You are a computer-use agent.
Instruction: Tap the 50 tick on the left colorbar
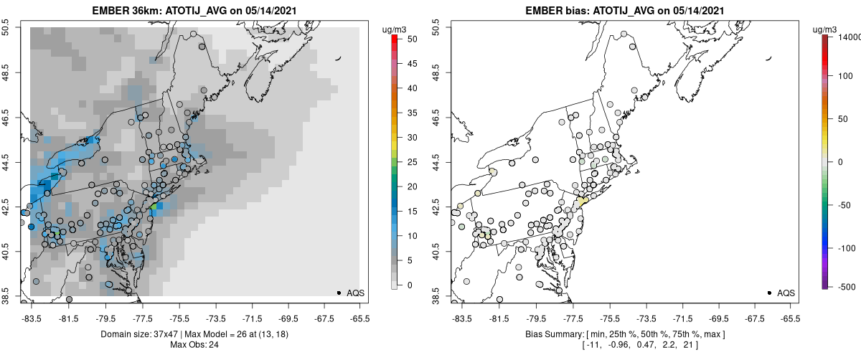412,39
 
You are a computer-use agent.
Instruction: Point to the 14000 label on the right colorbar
848,36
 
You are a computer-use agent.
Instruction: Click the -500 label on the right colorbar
844,287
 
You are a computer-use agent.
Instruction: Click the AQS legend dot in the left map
339,293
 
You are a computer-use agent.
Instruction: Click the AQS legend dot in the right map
769,293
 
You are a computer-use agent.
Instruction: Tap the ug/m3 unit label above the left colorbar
395,28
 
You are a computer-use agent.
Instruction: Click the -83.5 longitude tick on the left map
31,318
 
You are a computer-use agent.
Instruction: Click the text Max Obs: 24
195,345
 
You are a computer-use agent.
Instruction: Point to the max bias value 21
682,346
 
